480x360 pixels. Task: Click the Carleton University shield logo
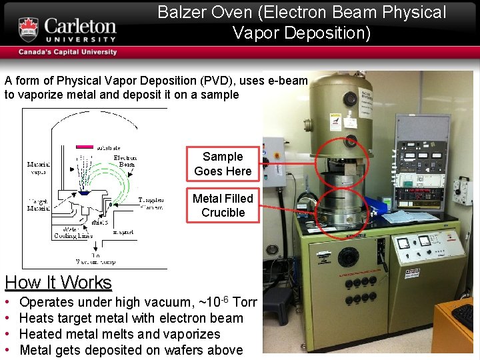(x=28, y=30)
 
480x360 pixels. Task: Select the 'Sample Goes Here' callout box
(x=223, y=164)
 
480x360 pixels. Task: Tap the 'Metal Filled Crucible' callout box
(x=223, y=205)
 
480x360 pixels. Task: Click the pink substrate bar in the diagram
(x=85, y=146)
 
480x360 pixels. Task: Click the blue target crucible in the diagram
(x=85, y=192)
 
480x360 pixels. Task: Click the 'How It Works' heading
(x=58, y=283)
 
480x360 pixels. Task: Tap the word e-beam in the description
(x=288, y=81)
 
